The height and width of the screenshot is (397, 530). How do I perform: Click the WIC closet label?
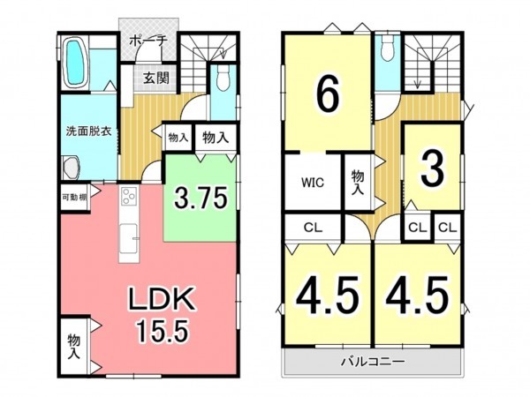click(313, 184)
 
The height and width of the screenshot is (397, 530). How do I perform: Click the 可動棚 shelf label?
click(74, 197)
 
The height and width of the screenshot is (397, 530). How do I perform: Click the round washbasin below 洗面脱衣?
click(71, 168)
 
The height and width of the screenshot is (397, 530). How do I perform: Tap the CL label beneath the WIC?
click(311, 226)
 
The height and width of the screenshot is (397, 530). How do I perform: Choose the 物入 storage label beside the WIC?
click(358, 183)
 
